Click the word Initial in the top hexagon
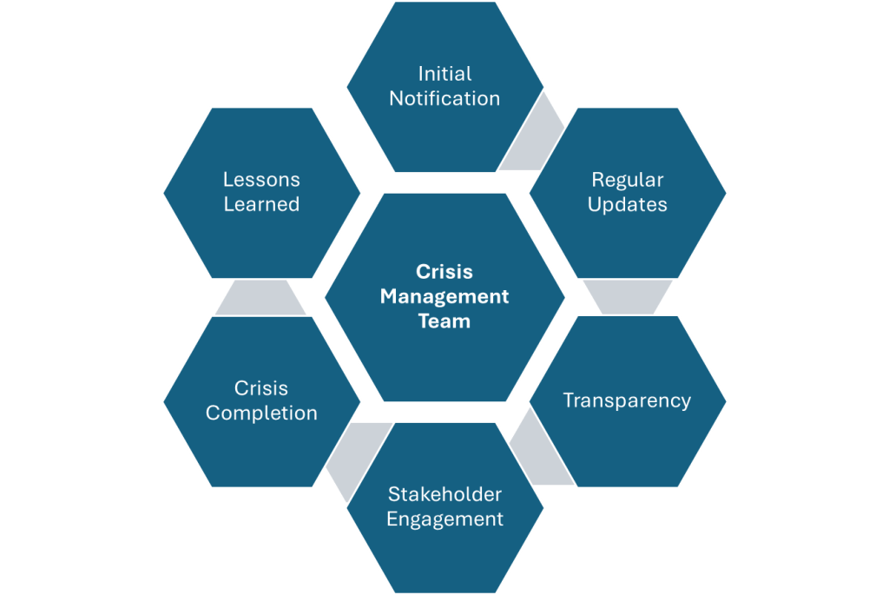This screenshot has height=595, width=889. click(x=444, y=74)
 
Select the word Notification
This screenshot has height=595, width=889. click(x=444, y=98)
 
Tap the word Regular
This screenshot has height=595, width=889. click(x=628, y=181)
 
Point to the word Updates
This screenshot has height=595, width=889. click(x=628, y=205)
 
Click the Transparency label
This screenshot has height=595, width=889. click(x=627, y=400)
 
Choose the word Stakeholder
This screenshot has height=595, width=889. click(x=444, y=494)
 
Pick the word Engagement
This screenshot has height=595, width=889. click(x=444, y=519)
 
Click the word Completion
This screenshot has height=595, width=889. click(x=261, y=413)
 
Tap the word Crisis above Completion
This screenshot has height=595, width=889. click(x=261, y=388)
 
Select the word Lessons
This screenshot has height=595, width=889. click(x=261, y=180)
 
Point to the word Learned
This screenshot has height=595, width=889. click(x=261, y=204)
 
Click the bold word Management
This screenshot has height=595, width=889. click(x=444, y=296)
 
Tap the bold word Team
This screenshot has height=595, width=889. click(x=444, y=321)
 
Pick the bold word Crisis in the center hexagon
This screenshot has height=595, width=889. click(x=444, y=272)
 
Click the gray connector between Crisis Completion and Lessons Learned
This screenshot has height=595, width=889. click(x=260, y=298)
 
